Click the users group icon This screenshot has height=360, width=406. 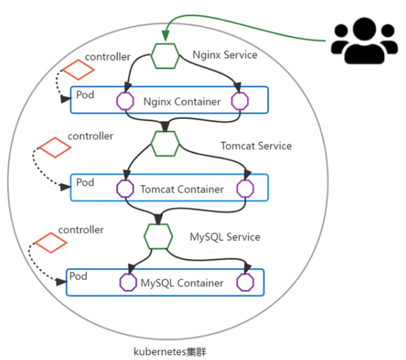[363, 41]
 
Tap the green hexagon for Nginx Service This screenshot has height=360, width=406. [165, 55]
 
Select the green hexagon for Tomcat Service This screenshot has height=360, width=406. [165, 144]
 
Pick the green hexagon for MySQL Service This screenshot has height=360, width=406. [158, 236]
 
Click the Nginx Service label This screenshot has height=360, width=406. [225, 55]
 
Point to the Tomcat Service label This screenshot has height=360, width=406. [256, 146]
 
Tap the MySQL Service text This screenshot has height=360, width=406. [224, 237]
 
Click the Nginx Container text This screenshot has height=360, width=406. [182, 101]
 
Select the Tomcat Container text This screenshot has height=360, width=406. [182, 189]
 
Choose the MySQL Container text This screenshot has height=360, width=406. [182, 283]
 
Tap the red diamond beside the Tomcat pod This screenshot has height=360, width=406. [54, 147]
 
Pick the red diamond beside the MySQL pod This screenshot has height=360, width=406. [49, 242]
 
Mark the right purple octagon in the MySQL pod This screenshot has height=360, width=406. [245, 283]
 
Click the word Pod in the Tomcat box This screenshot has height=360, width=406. [85, 183]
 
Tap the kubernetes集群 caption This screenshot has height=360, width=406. [169, 351]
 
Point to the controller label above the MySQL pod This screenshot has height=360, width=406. [81, 230]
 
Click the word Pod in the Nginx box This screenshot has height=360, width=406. [85, 95]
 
